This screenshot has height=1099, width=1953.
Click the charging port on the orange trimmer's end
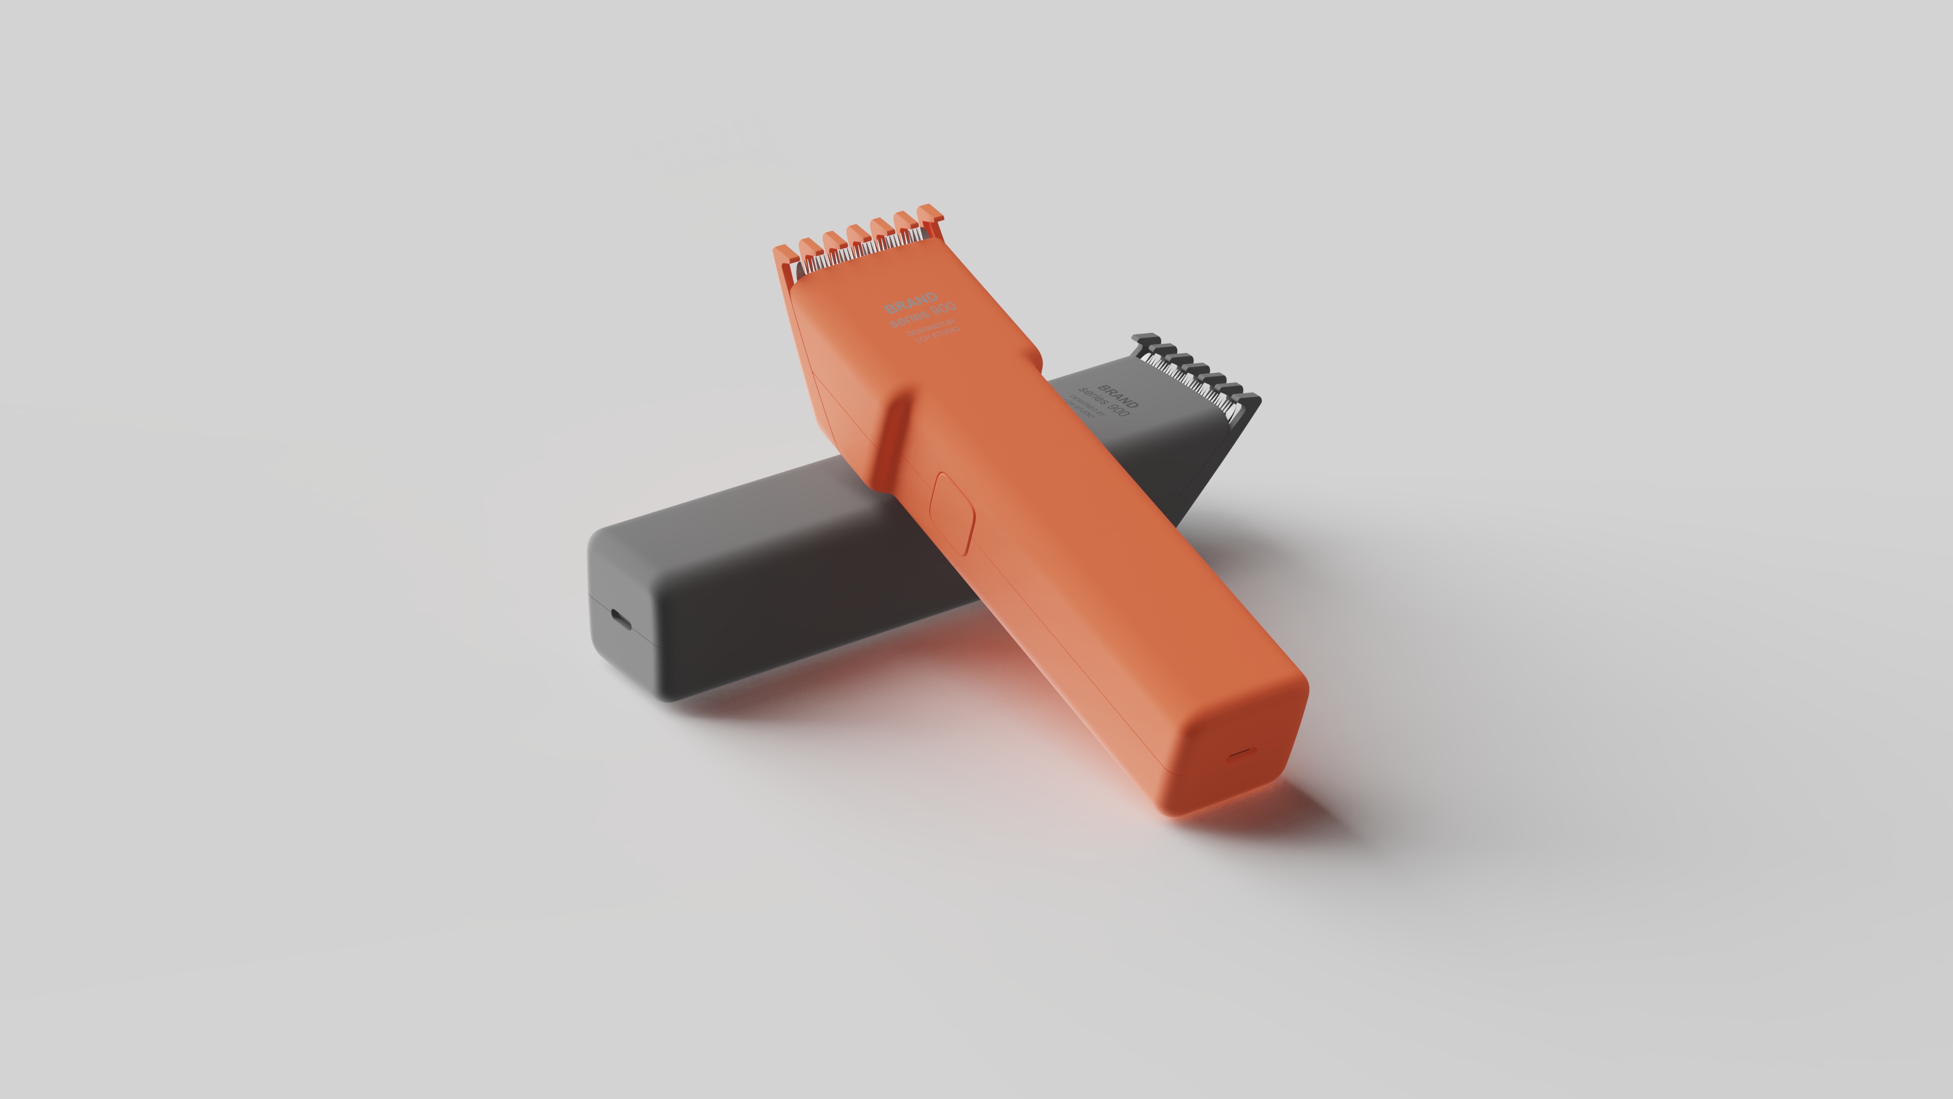coord(1241,753)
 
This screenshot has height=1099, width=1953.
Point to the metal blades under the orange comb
coord(857,254)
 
